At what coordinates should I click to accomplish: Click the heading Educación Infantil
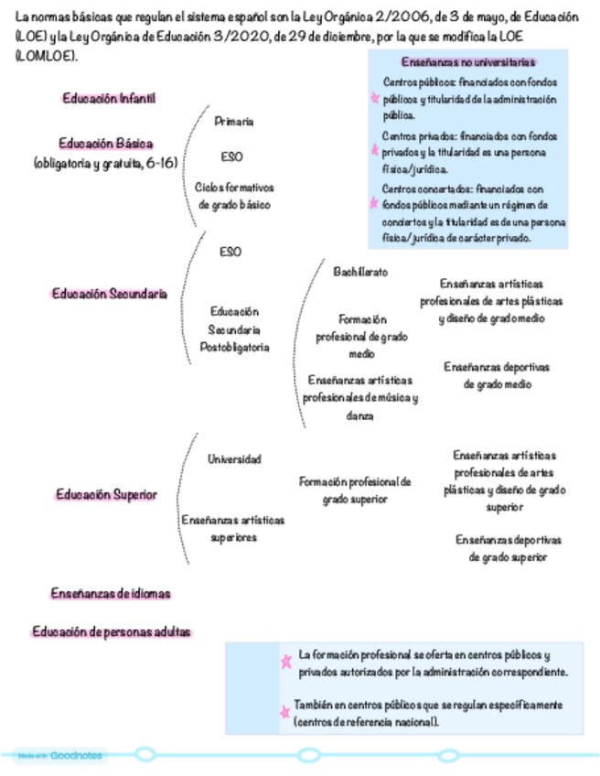coord(109,98)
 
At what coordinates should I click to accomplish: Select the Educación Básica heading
coord(105,144)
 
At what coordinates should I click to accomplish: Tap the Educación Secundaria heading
coord(109,294)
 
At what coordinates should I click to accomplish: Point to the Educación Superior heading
coord(106,494)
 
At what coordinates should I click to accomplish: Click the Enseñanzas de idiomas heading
coord(110,594)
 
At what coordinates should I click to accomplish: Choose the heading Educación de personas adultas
coord(112,632)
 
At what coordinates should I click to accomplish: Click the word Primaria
coord(234,121)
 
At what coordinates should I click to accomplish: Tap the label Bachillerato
coord(360,272)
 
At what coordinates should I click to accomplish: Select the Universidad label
coord(234,458)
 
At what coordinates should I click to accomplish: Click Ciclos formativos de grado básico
coord(234,196)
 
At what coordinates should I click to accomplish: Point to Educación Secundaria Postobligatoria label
coord(234,329)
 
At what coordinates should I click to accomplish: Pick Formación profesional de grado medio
coord(361,336)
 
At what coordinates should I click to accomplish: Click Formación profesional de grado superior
coord(356,490)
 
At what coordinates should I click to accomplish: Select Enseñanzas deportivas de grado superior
coord(509,547)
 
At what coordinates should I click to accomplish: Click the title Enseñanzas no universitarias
coord(468,63)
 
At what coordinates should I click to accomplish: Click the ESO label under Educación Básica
coord(231,156)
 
